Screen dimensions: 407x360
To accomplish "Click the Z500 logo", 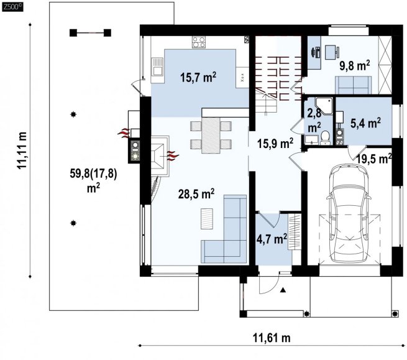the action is (x=12, y=7).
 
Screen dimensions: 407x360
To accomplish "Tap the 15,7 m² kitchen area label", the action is (x=198, y=77).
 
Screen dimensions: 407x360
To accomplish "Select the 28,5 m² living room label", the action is (x=196, y=194).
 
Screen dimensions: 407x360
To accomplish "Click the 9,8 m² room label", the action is (x=355, y=66).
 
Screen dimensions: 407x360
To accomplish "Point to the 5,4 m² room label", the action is (x=366, y=123).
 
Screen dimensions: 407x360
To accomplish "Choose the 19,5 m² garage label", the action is (x=374, y=159).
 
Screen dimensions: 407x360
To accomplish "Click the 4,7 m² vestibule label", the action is (x=272, y=239).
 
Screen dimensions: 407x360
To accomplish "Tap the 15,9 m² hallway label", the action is (x=275, y=144).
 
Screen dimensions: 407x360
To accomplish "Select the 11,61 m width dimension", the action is (x=272, y=338).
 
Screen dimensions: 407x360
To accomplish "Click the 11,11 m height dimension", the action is (x=22, y=150).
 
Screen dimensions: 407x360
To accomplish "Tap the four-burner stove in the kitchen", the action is (x=199, y=42).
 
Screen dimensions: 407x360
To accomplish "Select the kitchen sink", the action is (x=157, y=67).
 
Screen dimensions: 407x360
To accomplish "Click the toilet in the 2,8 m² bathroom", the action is (x=325, y=138).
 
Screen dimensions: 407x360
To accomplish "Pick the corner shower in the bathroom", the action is (x=323, y=106).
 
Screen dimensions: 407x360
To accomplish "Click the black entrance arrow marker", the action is (x=283, y=290).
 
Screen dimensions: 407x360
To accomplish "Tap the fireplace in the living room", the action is (x=160, y=156).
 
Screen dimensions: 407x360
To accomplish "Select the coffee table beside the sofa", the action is (x=207, y=218).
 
